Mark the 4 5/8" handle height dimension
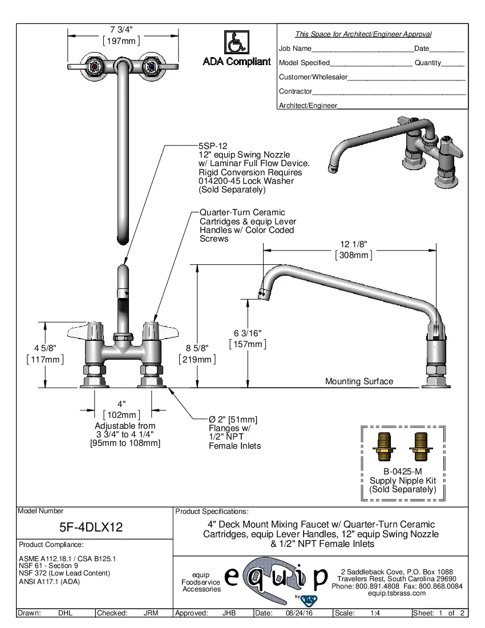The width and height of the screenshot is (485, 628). (x=45, y=348)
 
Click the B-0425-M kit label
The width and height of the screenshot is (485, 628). (x=402, y=472)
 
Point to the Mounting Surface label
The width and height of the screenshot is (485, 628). (x=359, y=381)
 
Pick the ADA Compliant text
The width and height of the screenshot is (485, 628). (x=237, y=62)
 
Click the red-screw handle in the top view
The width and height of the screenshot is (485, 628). (x=95, y=67)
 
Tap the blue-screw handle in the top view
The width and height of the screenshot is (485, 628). (x=151, y=67)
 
